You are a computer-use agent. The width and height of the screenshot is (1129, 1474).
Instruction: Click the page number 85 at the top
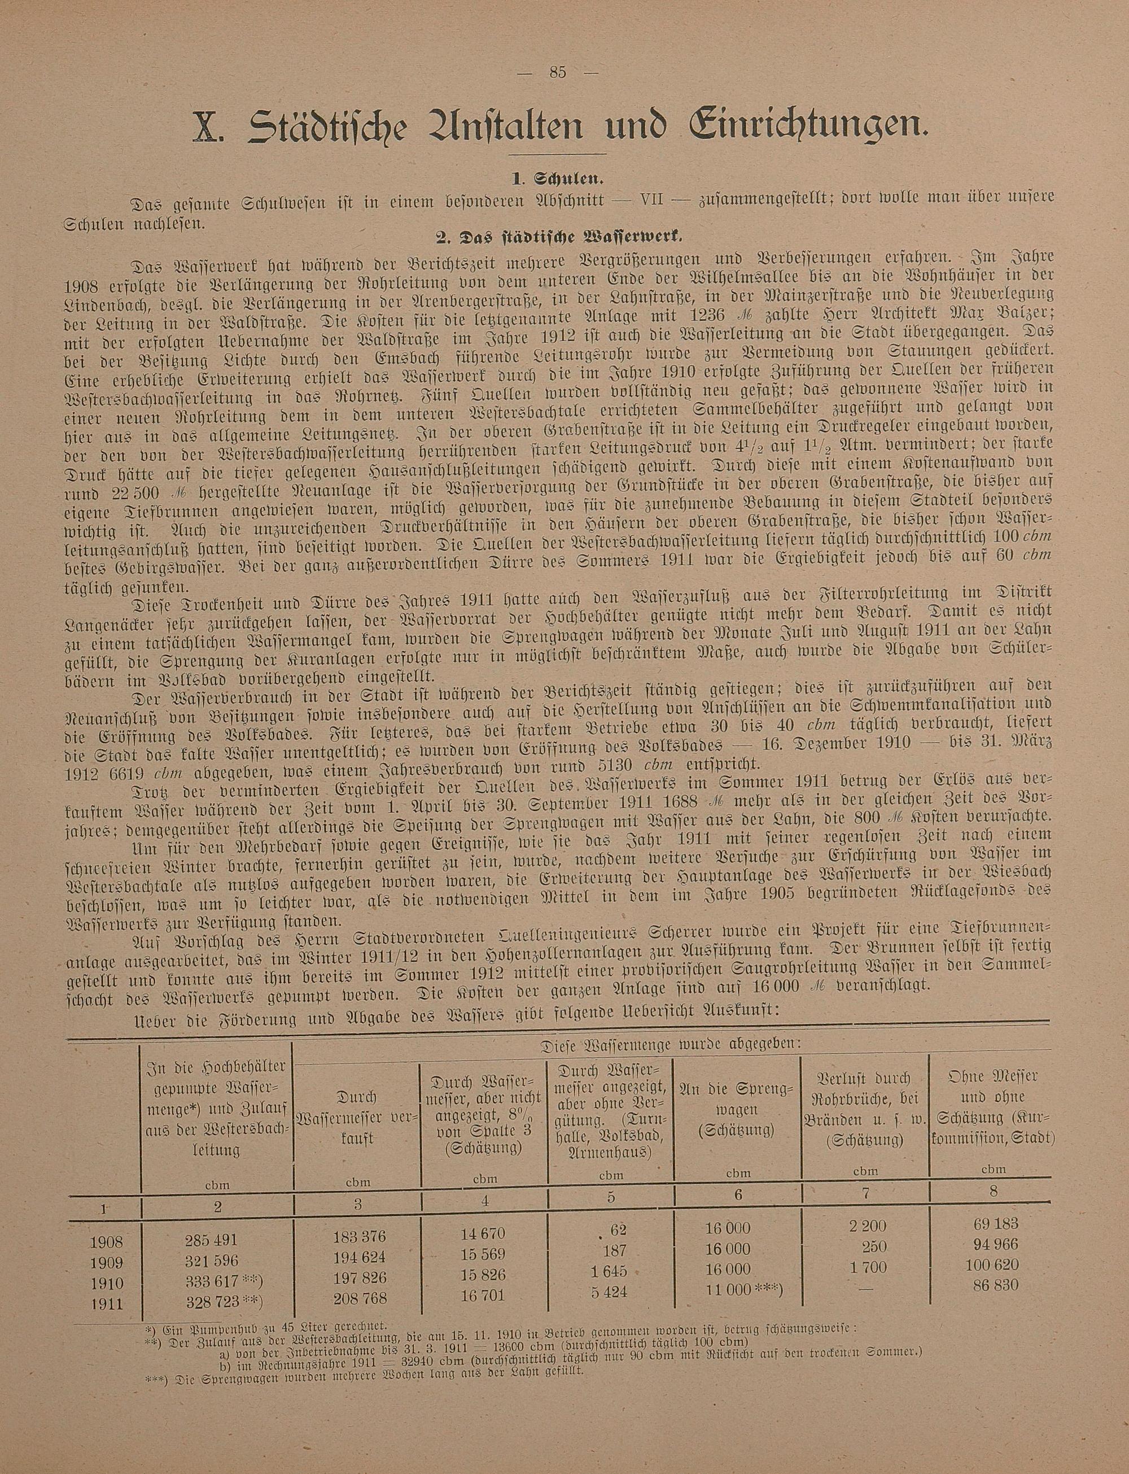[x=558, y=73]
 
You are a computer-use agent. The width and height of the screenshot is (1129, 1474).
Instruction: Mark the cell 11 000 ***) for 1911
[x=743, y=1290]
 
